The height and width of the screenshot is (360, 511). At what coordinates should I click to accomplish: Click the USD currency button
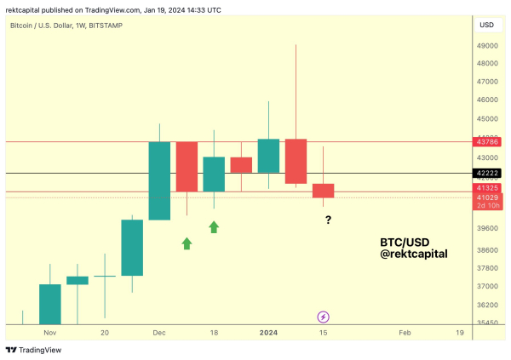coord(486,25)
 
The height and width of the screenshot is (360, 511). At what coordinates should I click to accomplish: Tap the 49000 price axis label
coord(486,45)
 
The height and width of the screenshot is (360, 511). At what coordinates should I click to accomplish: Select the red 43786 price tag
coord(487,141)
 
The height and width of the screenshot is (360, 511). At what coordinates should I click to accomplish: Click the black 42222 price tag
coord(487,173)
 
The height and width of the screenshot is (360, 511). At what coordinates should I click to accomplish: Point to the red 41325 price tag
coord(487,188)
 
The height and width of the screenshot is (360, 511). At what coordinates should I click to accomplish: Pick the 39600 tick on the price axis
coord(486,228)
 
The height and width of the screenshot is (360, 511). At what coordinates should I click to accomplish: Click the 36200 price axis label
coord(486,305)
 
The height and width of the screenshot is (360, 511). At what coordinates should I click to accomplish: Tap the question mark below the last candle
coord(328,220)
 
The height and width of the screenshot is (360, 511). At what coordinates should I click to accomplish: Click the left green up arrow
coord(187,243)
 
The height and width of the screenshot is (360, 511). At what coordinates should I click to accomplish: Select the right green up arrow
coord(214,226)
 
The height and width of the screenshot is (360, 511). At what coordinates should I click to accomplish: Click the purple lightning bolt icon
coord(324,317)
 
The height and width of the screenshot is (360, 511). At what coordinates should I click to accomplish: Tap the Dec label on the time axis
coord(159,334)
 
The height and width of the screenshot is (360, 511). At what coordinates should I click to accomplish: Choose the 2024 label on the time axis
coord(268,334)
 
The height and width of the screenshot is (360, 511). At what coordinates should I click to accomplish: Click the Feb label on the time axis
coord(405,334)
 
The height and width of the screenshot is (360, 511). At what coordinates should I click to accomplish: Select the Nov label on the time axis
coord(49,334)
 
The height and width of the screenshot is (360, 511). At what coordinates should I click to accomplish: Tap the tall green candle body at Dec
coord(159,180)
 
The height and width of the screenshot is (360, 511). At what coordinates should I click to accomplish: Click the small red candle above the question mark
coord(324,191)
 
